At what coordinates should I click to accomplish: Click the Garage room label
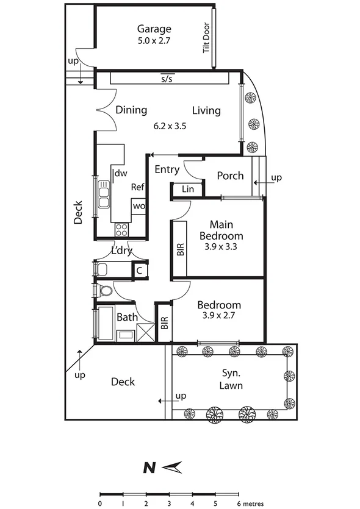coord(154,29)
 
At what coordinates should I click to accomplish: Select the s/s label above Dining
coord(166,79)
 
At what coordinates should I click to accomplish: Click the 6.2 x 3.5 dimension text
coord(169,127)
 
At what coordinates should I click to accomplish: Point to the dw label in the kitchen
coord(121,174)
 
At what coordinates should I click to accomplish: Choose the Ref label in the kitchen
coord(137,188)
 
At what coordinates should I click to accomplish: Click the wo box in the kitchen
coord(138,206)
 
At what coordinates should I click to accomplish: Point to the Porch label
coord(230,176)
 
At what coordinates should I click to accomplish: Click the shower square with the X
coord(146,333)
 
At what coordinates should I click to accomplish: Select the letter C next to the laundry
coord(139,270)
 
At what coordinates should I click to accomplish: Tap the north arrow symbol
coord(173,467)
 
